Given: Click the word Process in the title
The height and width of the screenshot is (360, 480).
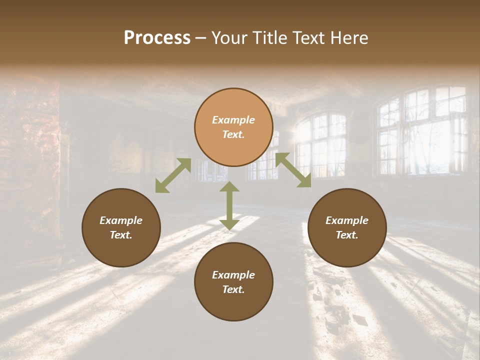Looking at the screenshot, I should pos(157,38).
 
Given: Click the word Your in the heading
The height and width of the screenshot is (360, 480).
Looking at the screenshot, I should pos(229,38).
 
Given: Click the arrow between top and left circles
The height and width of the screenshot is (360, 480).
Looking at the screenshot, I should pos(173,175).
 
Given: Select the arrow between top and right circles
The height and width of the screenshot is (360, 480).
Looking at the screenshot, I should pos(293,170).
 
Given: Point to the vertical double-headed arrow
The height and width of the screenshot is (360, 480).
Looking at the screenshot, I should pos(229,205).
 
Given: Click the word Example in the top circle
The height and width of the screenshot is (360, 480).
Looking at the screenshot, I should pos(233,120).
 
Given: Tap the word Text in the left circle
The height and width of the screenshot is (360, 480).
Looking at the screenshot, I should pos(121,235).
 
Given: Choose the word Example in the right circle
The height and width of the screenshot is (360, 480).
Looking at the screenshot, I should pos(347,220).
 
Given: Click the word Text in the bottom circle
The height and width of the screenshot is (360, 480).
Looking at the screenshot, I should pos(233,289).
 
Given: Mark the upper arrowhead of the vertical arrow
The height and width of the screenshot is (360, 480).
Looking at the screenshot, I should pos(229,187).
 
